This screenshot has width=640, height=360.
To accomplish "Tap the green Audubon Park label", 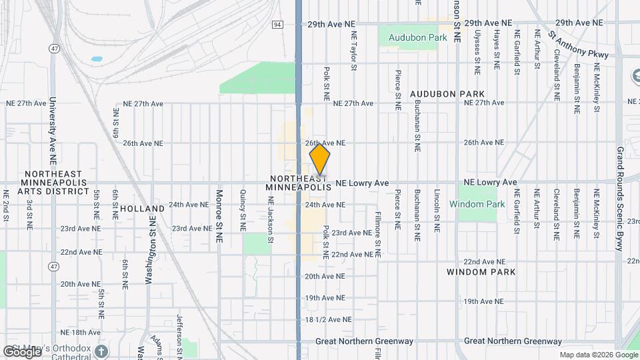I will pos(417,38).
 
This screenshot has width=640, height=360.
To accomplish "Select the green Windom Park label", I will pos(477,204).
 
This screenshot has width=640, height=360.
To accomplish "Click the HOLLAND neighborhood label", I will pos(137,209).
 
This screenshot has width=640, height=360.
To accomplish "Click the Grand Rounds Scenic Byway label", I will pos(619,199).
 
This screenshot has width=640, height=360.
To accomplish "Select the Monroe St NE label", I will pos(219,211).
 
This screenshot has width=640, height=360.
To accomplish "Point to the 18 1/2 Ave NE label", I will pos(328,320).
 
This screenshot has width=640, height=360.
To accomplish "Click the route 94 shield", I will pos(277,24).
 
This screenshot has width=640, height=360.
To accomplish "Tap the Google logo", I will pos(22,351).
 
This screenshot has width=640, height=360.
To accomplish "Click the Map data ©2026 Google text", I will pos(598,355).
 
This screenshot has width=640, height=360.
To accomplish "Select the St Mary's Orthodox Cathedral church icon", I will pos(101,351).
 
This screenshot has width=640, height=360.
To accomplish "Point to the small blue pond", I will pos(97,59).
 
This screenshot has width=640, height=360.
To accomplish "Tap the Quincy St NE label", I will pos(243,211).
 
